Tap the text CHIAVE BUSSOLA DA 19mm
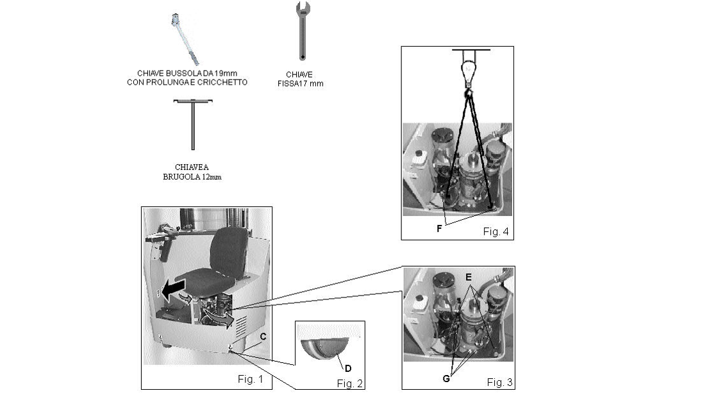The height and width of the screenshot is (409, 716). click(187, 74)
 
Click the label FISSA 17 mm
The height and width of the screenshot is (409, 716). click(304, 83)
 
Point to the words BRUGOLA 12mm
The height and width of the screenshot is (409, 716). click(192, 176)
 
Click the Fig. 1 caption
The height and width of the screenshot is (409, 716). click(251, 379)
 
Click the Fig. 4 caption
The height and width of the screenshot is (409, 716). click(495, 231)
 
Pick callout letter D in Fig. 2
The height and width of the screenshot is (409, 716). click(348, 368)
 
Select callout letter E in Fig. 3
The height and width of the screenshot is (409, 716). click(469, 278)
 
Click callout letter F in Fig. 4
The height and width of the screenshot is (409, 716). click(438, 228)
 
